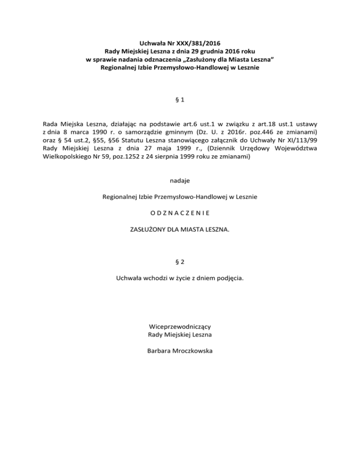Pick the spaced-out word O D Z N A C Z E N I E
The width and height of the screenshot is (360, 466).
[x=180, y=213]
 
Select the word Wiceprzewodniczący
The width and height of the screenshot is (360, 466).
[x=180, y=326]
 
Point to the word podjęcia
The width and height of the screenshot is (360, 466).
[x=228, y=278]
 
